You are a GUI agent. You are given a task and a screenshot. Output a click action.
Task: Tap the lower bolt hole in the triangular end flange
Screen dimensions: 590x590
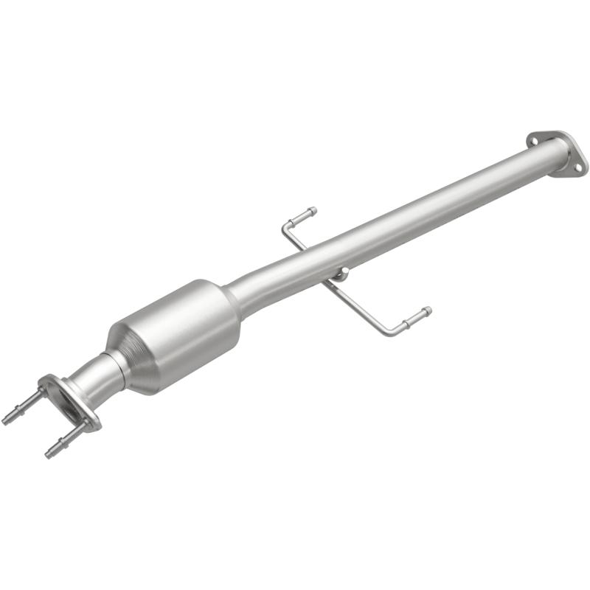pos(577,168)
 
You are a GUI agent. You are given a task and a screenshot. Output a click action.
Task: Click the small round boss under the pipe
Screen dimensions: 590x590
pos(340,275)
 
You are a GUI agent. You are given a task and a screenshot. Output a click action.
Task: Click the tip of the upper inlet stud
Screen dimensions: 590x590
pos(6,421)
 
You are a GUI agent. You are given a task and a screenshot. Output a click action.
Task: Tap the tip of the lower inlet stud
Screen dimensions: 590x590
pos(48,454)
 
